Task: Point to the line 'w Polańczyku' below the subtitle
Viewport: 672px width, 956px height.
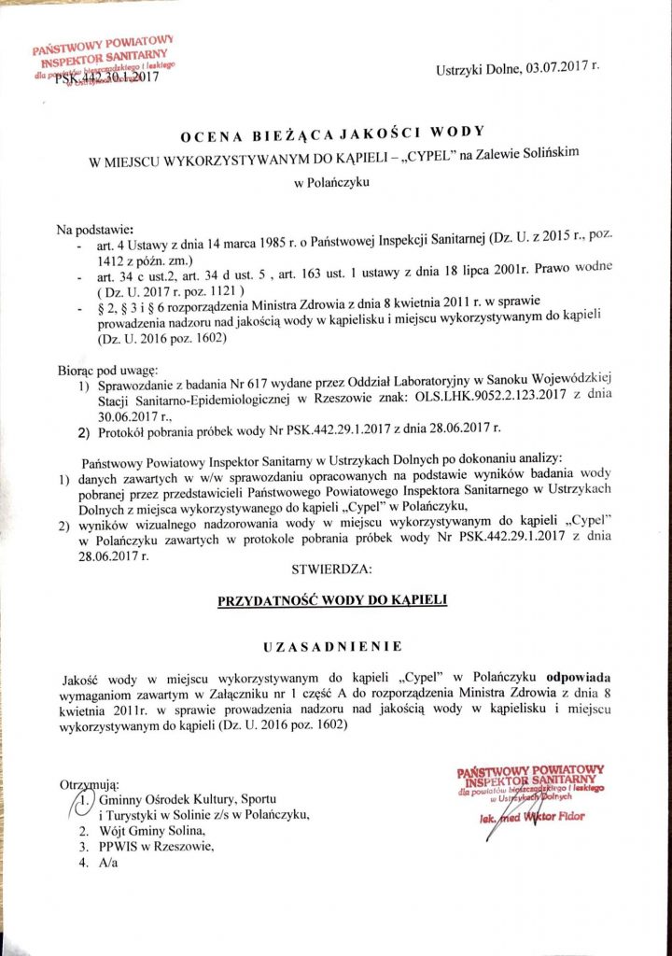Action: [x=332, y=183]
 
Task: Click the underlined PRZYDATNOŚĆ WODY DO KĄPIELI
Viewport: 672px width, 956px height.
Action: [x=332, y=601]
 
